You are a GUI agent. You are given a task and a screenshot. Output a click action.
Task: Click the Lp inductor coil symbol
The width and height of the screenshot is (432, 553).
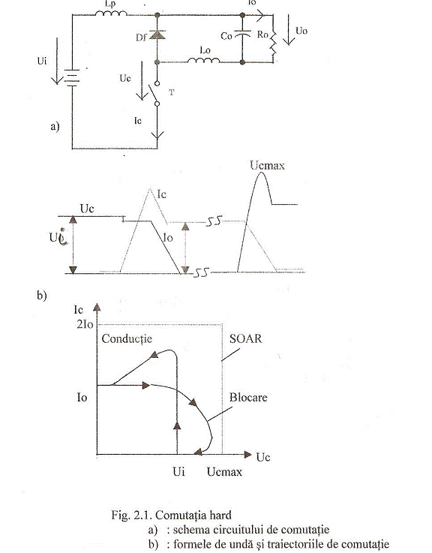(111, 14)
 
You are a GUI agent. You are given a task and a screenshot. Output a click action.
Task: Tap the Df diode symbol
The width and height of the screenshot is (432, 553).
(157, 35)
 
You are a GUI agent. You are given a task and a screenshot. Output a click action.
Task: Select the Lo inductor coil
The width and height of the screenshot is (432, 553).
(203, 60)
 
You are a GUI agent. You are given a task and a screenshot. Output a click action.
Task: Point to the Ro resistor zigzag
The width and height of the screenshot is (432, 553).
(273, 41)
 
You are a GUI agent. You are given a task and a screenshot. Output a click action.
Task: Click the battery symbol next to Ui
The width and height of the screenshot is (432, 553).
(72, 77)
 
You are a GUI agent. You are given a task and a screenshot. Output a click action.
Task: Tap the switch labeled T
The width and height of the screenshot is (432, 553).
(155, 94)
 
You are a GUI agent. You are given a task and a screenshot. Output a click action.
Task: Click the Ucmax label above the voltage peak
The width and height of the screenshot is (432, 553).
(267, 165)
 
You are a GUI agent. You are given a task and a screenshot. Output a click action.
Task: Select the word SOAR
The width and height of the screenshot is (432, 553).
(246, 338)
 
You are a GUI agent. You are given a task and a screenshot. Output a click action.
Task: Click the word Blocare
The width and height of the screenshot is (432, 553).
(248, 398)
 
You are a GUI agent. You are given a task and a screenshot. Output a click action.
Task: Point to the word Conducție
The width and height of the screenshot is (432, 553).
(127, 339)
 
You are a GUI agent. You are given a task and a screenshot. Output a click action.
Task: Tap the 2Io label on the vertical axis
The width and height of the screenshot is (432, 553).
(85, 324)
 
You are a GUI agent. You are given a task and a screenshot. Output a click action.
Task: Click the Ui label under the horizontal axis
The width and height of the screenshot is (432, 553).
(178, 471)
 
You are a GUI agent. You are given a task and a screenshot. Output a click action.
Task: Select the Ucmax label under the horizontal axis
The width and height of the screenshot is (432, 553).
(224, 472)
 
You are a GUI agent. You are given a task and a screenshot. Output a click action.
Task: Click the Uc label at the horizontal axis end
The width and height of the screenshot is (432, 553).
(263, 458)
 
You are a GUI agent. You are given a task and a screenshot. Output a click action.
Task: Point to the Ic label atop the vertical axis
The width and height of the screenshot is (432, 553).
(78, 310)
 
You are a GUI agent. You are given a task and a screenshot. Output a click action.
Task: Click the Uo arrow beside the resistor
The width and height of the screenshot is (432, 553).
(289, 30)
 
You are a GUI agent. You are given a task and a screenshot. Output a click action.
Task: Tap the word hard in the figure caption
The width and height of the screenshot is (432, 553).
(220, 515)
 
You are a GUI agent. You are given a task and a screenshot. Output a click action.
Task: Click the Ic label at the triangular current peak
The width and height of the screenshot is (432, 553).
(161, 194)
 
